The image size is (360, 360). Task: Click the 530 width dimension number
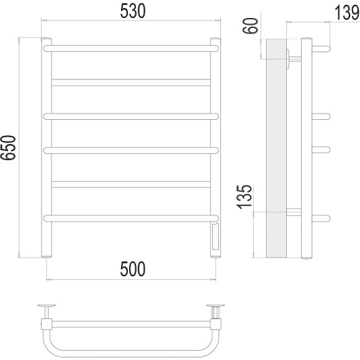(x=133, y=11)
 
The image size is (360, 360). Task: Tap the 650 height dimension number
(x=8, y=148)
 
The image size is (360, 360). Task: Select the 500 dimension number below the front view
(x=133, y=269)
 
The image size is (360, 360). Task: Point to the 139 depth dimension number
(x=346, y=12)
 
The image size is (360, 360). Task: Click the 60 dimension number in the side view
(x=251, y=25)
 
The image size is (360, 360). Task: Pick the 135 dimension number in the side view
(x=245, y=197)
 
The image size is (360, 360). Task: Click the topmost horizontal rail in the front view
(x=131, y=48)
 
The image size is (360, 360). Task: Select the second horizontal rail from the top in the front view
(x=131, y=83)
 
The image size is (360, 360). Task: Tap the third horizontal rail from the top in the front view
(x=131, y=117)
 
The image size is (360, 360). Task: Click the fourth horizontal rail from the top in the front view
(x=131, y=150)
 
